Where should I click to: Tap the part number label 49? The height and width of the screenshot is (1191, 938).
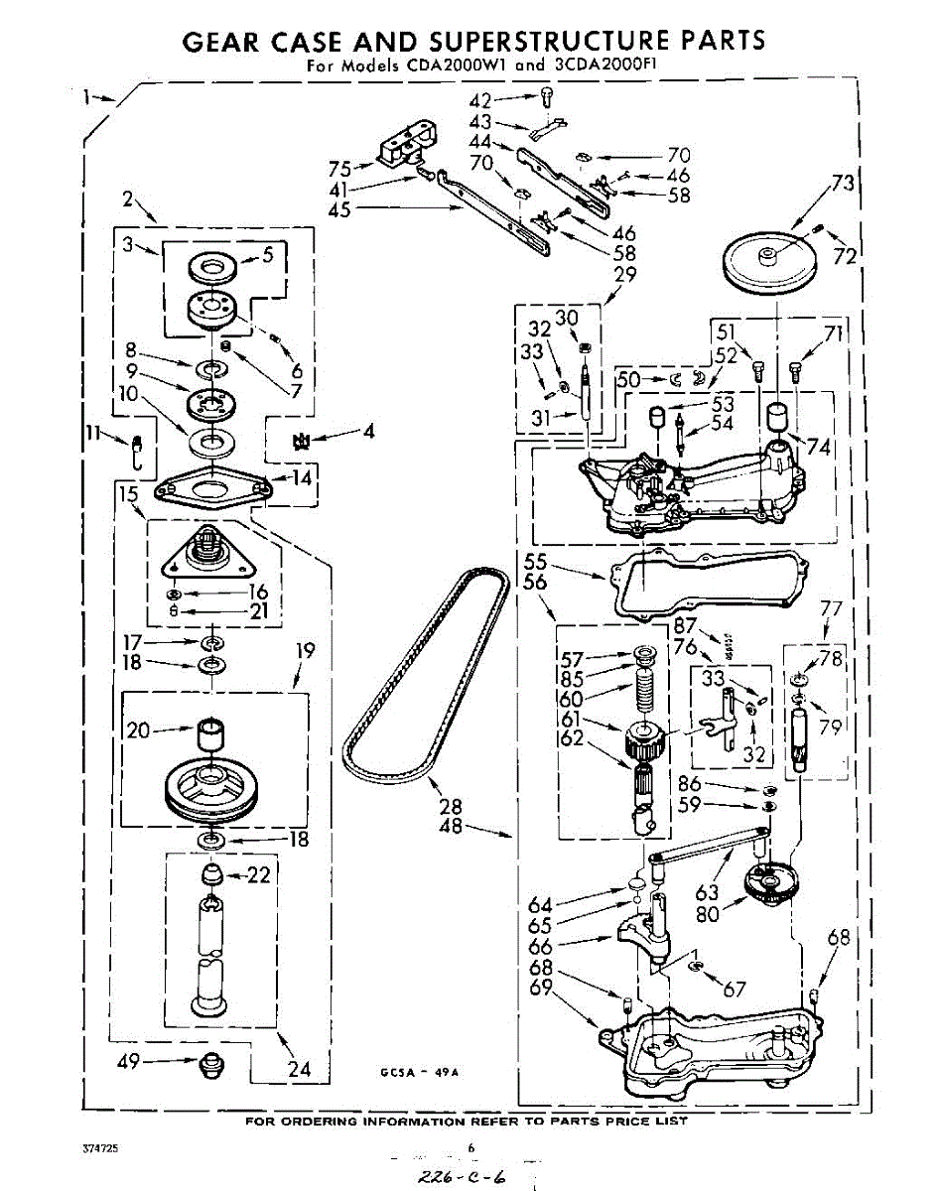127,1062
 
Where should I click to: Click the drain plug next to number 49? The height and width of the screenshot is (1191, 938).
209,1065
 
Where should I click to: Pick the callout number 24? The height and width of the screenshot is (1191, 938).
298,1069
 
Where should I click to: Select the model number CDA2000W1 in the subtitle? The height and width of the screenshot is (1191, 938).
442,66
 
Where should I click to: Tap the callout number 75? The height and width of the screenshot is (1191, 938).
340,168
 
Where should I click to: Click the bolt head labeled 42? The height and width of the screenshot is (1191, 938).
547,95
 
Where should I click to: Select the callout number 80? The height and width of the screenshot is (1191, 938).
707,914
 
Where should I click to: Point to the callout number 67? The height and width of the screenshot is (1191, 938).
734,989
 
